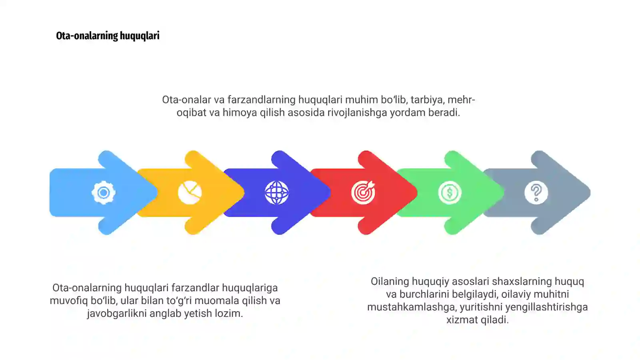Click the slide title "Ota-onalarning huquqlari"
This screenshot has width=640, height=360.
point(108,36)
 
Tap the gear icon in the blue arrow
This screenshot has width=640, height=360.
point(104,193)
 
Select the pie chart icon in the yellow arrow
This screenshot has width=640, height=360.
point(190,193)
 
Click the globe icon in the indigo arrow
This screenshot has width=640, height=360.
point(276,193)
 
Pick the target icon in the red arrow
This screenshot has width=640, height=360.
point(363,193)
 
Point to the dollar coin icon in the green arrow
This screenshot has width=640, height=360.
point(450,193)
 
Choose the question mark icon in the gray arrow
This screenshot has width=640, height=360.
point(536,193)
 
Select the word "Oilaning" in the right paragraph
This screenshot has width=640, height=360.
point(390,281)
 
